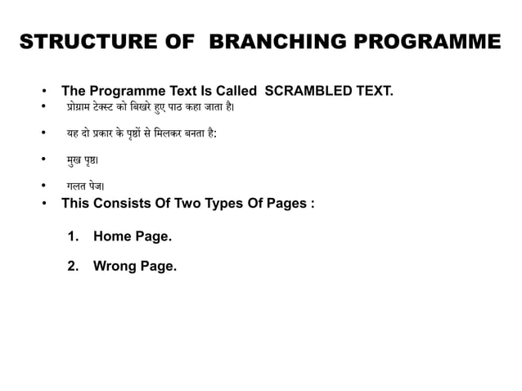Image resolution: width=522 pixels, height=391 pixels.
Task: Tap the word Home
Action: coord(111,236)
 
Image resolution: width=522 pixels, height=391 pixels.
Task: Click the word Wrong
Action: coord(115,266)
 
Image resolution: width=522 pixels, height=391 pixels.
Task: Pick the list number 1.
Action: coord(73,236)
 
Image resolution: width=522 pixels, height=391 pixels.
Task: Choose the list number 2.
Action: coord(73,266)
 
